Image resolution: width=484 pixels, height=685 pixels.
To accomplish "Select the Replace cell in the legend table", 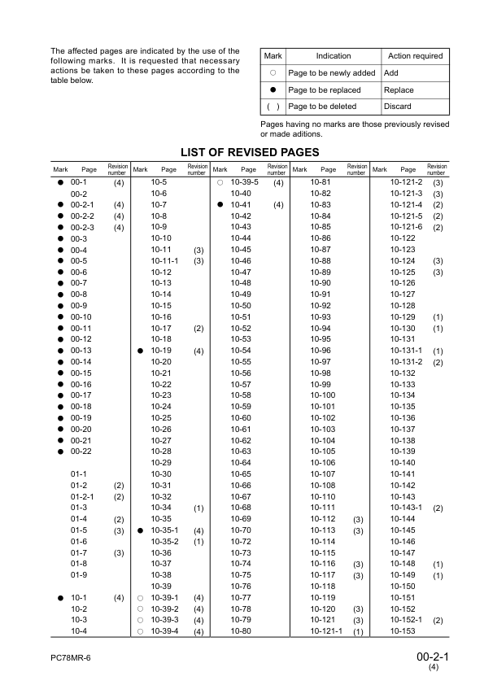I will (399, 90).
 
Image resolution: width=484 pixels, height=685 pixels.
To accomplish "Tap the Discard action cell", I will (398, 107).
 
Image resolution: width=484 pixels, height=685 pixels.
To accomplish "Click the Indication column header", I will (333, 56).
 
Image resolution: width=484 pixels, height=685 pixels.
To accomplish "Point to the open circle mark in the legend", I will (273, 73).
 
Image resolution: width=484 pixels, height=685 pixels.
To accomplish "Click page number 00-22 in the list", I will (81, 451).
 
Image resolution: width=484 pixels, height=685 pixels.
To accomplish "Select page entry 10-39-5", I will (245, 182).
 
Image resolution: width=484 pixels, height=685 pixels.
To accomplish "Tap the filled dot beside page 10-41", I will (220, 204).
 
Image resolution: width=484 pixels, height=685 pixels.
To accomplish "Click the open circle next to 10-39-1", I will (141, 597).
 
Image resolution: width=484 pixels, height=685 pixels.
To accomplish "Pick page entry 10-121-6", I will (408, 227).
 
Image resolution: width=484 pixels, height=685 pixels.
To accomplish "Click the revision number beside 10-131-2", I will (438, 362).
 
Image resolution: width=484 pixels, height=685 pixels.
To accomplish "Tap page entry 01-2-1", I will (83, 496).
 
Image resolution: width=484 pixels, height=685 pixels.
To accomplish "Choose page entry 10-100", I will (323, 395).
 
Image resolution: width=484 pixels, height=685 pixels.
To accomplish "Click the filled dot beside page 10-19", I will (141, 351).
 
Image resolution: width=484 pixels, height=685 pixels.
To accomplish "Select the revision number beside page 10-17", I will (198, 328).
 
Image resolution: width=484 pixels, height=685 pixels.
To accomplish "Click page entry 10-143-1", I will (408, 508).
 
